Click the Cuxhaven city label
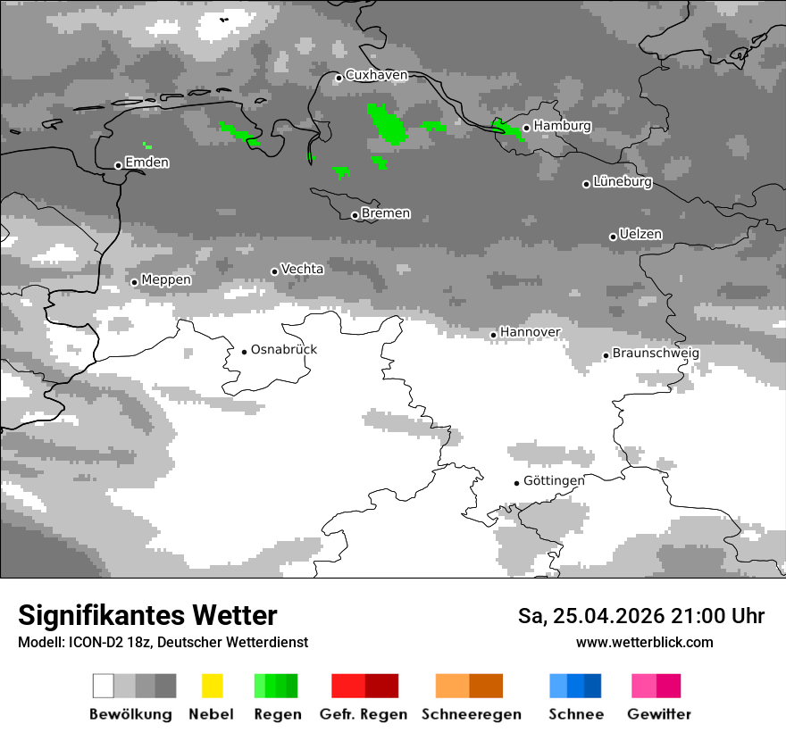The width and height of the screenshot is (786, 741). (376, 75)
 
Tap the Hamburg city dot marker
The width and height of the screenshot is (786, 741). (526, 128)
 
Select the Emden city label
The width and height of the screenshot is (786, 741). (147, 162)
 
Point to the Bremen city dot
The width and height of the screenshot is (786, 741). (355, 215)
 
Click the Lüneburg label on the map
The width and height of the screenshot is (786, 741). (623, 182)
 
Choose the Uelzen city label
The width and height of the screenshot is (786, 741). (640, 234)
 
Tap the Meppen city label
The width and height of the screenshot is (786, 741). (166, 279)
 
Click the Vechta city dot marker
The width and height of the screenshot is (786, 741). (275, 271)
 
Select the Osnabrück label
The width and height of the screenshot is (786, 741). (284, 349)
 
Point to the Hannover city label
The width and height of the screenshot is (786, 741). (530, 332)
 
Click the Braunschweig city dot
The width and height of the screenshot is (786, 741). (606, 355)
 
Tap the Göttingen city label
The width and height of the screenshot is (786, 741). (554, 480)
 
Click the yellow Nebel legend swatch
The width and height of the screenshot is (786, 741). (212, 686)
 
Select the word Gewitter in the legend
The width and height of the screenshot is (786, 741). (658, 714)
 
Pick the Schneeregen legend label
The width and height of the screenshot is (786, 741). (472, 714)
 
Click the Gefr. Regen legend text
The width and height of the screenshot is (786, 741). (364, 714)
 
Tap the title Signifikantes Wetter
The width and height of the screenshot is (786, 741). (147, 615)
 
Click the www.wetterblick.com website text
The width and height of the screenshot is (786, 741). (644, 642)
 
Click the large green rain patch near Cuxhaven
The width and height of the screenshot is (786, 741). (388, 125)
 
